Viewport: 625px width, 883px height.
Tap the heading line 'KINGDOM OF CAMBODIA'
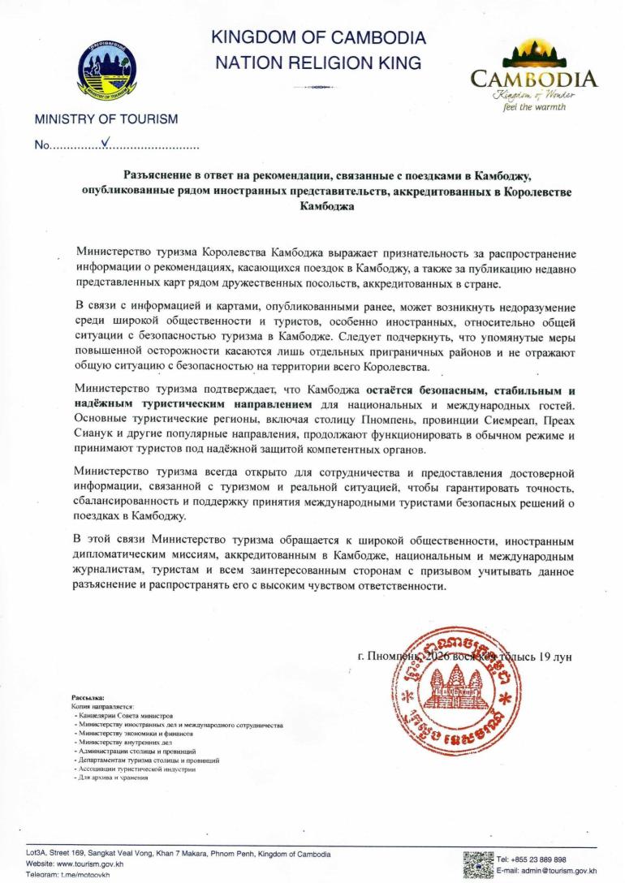[x=318, y=37]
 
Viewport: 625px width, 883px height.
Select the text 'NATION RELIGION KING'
[x=318, y=62]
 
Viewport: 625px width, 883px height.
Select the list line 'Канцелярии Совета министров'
[x=126, y=715]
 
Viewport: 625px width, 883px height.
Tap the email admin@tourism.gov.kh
[x=551, y=871]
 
